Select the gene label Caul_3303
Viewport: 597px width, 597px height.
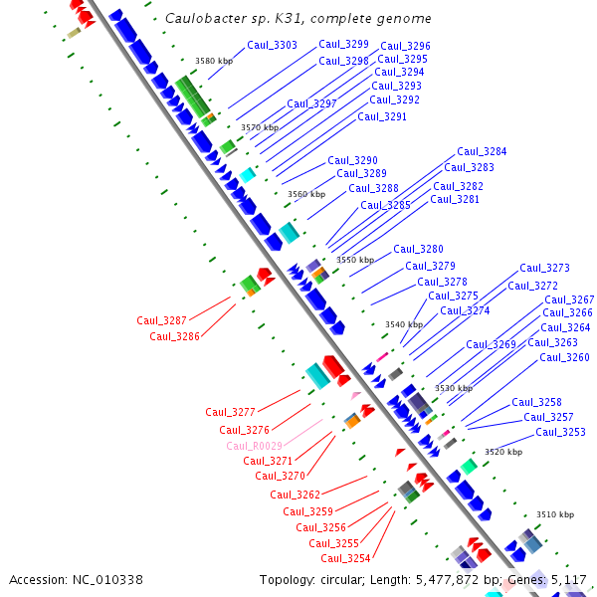[x=272, y=45]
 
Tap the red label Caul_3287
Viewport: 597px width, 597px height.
[x=161, y=320]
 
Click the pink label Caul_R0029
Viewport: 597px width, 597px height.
[x=254, y=446]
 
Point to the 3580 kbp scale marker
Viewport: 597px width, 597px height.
[x=214, y=62]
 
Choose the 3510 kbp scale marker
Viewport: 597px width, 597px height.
[x=555, y=514]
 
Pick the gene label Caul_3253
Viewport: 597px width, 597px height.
[x=560, y=432]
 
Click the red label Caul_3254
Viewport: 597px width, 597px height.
[x=345, y=558]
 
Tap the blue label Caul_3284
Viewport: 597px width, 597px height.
[x=482, y=152]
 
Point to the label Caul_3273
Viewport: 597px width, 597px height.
[x=544, y=268]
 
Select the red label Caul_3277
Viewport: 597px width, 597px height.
[x=230, y=412]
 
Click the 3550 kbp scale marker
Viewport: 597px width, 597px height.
[x=355, y=260]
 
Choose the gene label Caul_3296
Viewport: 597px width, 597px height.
[x=405, y=46]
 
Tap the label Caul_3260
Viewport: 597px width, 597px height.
[x=564, y=357]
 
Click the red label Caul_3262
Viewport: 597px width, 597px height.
[x=295, y=495]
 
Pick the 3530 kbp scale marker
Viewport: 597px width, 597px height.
[x=453, y=388]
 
